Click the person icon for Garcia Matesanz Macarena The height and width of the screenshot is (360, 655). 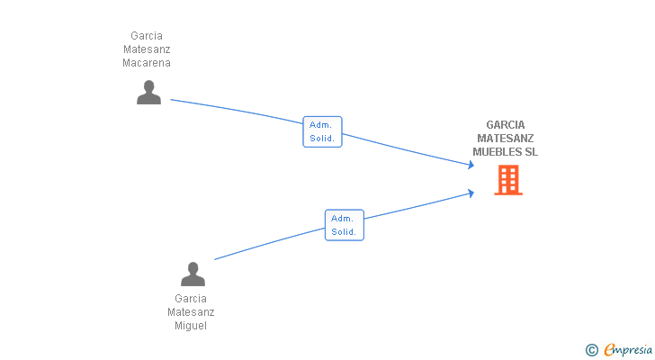click(148, 92)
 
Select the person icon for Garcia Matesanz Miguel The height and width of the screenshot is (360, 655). click(193, 274)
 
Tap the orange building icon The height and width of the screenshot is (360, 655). click(508, 180)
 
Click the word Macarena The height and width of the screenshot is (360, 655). click(147, 63)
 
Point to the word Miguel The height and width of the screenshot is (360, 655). click(191, 326)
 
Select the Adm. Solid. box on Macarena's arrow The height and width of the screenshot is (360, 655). click(322, 131)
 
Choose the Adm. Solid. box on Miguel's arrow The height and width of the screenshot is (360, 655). click(344, 225)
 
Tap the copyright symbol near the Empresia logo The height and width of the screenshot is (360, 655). click(591, 349)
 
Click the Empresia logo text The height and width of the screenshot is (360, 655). click(630, 349)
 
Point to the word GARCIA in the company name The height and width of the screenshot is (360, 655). click(506, 125)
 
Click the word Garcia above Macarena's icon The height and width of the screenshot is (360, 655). click(147, 36)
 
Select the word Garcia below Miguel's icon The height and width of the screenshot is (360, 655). click(191, 299)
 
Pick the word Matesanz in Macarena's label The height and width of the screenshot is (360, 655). click(147, 49)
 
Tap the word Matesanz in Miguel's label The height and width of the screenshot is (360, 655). click(191, 312)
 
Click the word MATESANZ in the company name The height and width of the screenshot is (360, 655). click(506, 139)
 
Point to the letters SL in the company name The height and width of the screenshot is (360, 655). click(532, 152)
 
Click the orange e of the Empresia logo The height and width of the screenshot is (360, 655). click(609, 350)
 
